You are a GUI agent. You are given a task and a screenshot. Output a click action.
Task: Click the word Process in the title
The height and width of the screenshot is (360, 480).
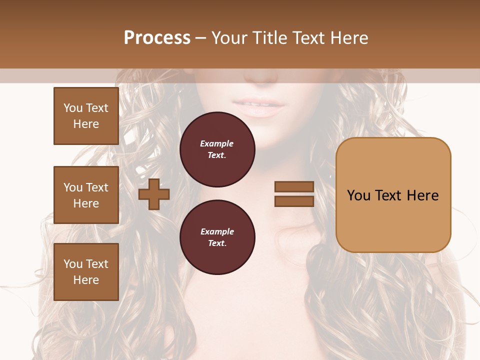[x=157, y=37]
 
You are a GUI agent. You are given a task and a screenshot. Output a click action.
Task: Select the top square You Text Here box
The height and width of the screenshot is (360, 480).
[x=86, y=116]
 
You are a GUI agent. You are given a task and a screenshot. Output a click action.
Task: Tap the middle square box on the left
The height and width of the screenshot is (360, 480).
[x=86, y=195]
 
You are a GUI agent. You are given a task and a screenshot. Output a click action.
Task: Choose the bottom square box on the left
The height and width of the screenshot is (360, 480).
[x=86, y=271]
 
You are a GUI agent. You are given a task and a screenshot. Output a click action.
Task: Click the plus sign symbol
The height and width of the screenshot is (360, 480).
[x=154, y=194]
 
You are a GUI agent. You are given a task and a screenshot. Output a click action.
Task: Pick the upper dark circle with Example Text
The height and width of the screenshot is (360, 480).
[x=217, y=149]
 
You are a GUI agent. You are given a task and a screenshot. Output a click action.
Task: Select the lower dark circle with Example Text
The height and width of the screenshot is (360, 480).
[x=217, y=237]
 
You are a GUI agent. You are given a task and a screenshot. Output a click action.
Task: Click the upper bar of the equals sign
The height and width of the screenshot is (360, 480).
[x=294, y=187]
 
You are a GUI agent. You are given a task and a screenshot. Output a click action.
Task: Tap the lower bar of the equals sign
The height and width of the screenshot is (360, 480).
[x=294, y=201]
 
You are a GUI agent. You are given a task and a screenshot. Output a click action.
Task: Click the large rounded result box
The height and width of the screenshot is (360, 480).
[x=393, y=195]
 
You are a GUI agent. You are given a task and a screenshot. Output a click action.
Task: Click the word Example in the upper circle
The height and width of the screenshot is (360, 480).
[x=217, y=143]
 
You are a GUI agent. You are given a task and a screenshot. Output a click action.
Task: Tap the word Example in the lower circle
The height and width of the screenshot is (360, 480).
[x=217, y=231]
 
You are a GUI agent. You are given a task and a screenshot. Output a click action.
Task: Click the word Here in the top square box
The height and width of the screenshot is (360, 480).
[x=86, y=124]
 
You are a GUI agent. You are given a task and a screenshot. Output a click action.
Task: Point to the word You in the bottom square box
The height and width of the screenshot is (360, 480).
[x=73, y=263]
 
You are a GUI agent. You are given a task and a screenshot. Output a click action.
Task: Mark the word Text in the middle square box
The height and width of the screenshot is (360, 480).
[x=97, y=187]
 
